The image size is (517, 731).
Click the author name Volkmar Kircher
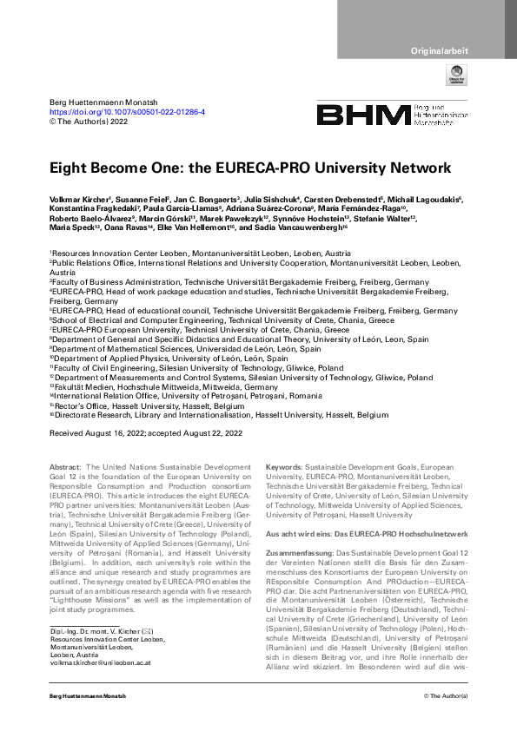tap(76, 199)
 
